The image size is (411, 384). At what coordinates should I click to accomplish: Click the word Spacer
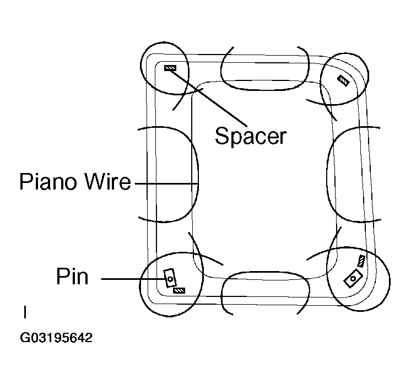251,136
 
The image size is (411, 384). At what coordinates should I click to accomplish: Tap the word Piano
47,181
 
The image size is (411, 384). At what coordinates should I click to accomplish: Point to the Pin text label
72,276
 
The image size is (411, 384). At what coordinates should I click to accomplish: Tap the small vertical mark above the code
25,312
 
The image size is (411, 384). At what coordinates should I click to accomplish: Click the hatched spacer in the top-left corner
170,68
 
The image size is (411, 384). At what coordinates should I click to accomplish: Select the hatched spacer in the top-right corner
343,80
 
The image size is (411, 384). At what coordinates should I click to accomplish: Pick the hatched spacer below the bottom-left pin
179,290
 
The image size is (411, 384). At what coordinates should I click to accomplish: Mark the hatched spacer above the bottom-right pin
361,261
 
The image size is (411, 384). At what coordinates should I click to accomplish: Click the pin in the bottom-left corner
169,277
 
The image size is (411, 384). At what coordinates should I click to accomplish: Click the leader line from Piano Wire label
165,182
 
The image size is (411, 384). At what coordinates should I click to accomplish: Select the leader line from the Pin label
132,279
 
